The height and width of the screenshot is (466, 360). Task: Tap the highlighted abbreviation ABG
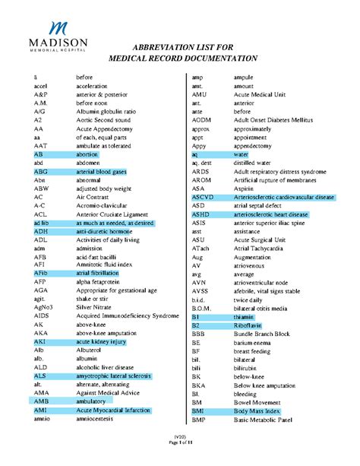click(x=41, y=173)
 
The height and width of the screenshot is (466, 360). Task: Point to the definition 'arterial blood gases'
click(x=101, y=173)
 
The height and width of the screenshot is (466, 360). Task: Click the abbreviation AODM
click(x=201, y=121)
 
